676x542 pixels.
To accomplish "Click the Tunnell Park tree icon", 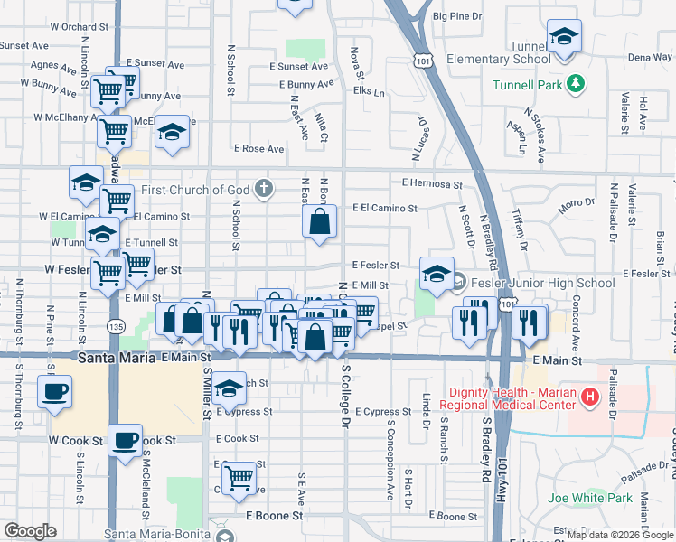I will [x=576, y=86].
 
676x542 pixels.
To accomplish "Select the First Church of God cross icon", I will [x=263, y=189].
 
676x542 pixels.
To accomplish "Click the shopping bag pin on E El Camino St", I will [x=320, y=221].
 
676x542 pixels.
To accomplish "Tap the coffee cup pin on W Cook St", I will [x=126, y=441].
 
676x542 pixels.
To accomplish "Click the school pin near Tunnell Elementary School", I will [x=564, y=36].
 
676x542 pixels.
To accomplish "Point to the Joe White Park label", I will [x=590, y=498].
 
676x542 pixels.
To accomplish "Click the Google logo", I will [x=30, y=531].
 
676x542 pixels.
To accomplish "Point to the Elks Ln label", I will [x=369, y=92].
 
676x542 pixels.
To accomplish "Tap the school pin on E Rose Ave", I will [x=171, y=132].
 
